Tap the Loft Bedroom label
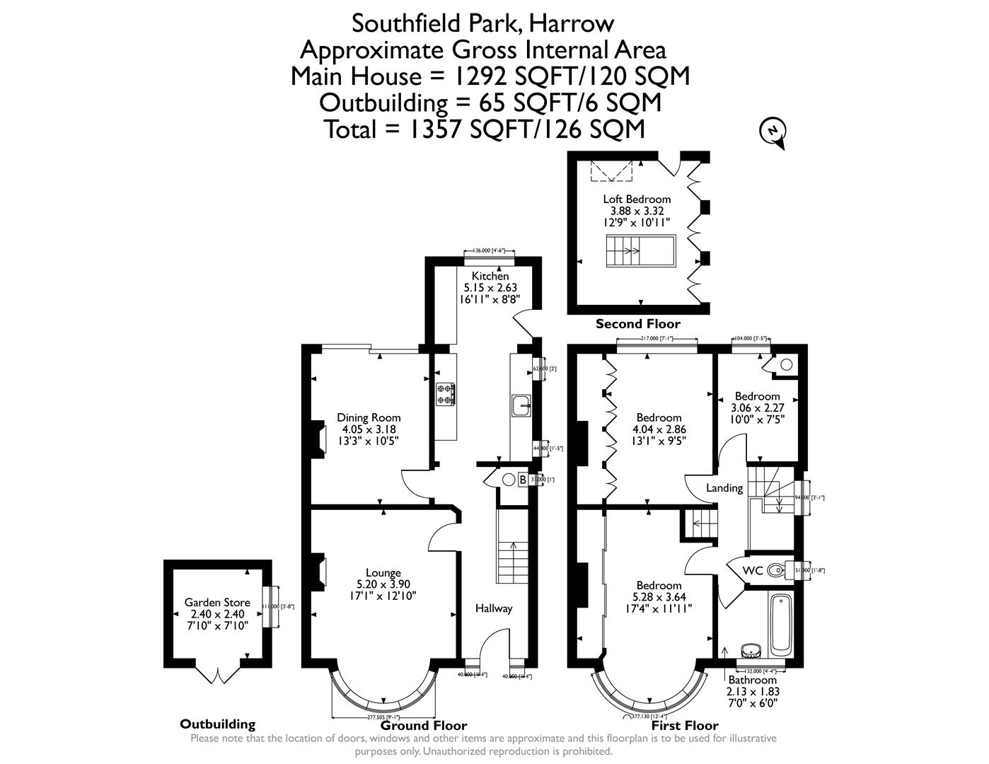[x=636, y=199]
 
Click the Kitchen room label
[x=490, y=276]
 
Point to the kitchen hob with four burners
[x=446, y=393]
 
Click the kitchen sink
[x=520, y=405]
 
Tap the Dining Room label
[x=368, y=417]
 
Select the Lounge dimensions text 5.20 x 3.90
[x=383, y=584]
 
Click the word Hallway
[x=493, y=608]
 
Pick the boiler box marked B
[x=523, y=480]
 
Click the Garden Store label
[x=217, y=603]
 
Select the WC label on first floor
[x=752, y=571]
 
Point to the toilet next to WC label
[x=777, y=569]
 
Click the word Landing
[x=724, y=488]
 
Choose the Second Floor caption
[x=637, y=324]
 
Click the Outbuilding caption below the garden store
[x=217, y=724]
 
